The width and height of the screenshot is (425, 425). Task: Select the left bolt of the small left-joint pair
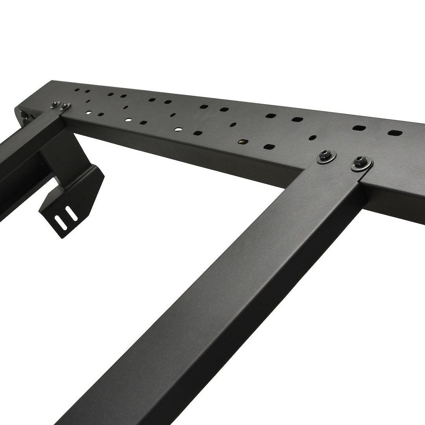pos(54,104)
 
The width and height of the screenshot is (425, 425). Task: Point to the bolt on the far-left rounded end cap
pos(24,114)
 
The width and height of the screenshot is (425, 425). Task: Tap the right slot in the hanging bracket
pos(72,213)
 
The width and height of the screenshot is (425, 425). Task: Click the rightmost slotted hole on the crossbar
pos(395,133)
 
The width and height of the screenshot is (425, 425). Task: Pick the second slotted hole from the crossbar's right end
pos(358,128)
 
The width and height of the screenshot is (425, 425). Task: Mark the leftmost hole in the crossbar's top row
pos(78,91)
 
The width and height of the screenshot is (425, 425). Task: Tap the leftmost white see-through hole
pos(90,113)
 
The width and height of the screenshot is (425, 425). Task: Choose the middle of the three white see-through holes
pos(129,119)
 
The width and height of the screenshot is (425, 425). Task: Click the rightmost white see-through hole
pos(179,129)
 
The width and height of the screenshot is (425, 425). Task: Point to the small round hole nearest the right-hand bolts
pos(313,138)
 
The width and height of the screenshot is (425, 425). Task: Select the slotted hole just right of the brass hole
pos(269,146)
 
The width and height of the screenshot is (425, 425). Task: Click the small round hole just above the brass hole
pos(233,124)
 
